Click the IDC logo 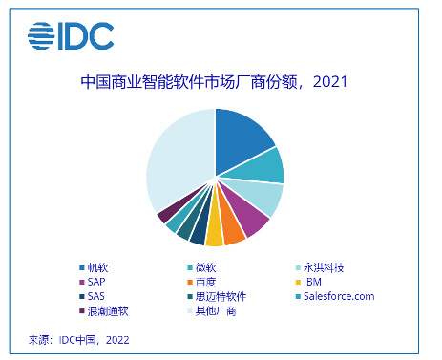tap(71, 37)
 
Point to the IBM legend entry tap(314, 283)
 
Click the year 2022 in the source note tap(118, 339)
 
